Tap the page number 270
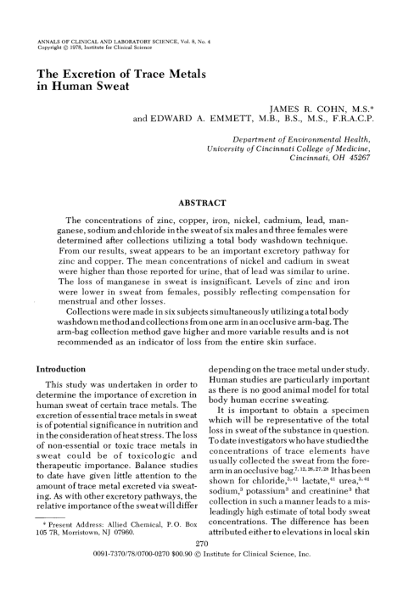[201, 567]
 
